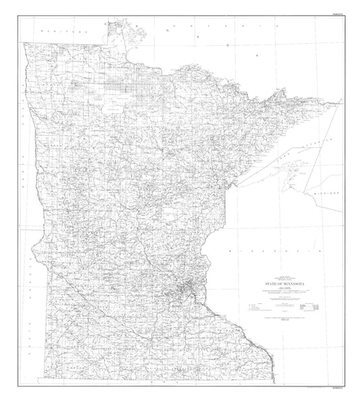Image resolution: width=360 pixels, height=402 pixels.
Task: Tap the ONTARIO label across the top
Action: [196, 29]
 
